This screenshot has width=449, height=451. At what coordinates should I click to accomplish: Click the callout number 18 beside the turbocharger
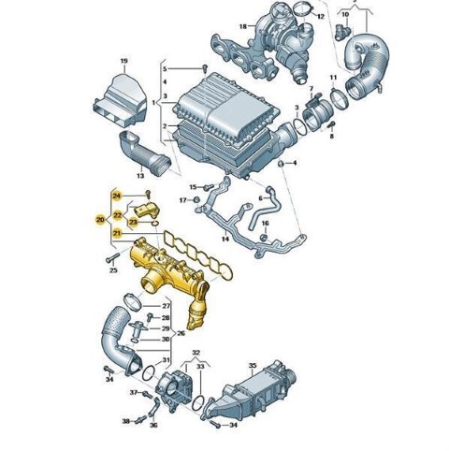coord(243,26)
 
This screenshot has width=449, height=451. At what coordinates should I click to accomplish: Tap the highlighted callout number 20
coord(100,220)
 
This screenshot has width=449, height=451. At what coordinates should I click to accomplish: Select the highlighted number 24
coord(117,196)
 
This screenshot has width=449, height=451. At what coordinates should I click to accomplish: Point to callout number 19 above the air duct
coord(124,61)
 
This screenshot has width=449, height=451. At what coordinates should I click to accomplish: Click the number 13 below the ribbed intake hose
coord(140,176)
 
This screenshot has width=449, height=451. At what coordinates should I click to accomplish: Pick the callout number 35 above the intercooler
coord(253,365)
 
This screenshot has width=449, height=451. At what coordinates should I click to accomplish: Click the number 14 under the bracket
coord(225,239)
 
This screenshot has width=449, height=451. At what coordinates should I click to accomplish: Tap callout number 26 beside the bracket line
coord(181,333)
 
